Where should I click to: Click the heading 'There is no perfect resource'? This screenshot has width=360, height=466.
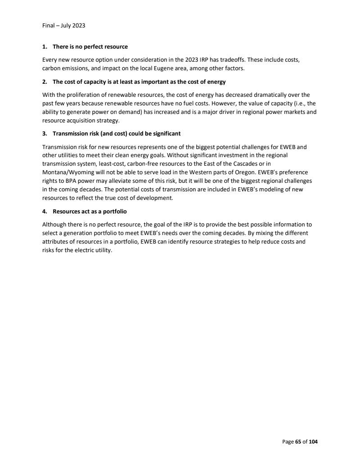coord(90,47)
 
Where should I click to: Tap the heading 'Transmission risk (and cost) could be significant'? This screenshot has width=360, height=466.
coord(117,134)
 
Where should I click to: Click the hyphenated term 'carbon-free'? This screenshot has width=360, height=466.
coord(135,164)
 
